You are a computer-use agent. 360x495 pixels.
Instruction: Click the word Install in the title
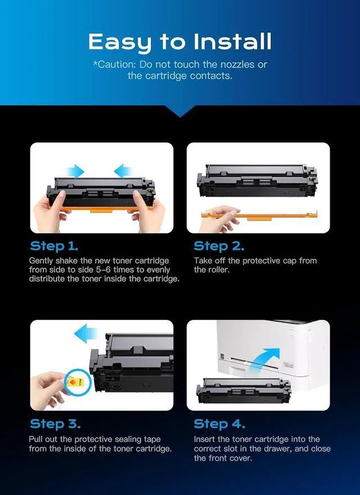(232, 42)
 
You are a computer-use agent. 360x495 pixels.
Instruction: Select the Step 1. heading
(54, 246)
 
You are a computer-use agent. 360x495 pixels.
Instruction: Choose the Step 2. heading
(219, 246)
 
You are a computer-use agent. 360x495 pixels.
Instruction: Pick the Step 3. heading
(55, 424)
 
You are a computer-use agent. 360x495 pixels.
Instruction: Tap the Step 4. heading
(219, 424)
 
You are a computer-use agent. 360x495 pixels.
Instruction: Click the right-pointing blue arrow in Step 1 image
(75, 172)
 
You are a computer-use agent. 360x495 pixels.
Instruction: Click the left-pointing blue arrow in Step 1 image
(123, 172)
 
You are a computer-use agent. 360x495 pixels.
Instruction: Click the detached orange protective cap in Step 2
(259, 216)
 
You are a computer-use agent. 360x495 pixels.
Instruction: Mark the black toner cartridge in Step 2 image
(257, 181)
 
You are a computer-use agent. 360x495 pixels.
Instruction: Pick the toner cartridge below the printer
(244, 390)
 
